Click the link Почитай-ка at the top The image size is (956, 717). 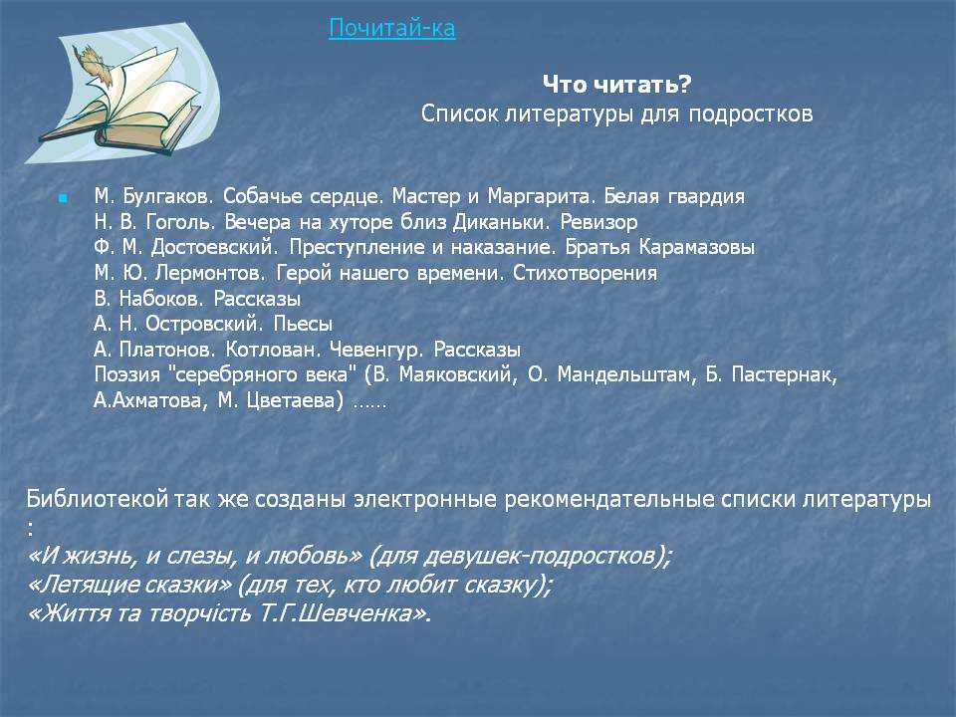392,28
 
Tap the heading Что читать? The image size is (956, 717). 617,84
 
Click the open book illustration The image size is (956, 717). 121,94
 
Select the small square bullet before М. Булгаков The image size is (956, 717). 63,198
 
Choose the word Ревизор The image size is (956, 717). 598,222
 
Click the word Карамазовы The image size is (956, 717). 697,247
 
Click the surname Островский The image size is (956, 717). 204,324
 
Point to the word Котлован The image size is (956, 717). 273,350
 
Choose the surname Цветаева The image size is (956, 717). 295,400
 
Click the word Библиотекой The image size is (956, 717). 97,499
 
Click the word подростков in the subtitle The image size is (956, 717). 751,114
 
